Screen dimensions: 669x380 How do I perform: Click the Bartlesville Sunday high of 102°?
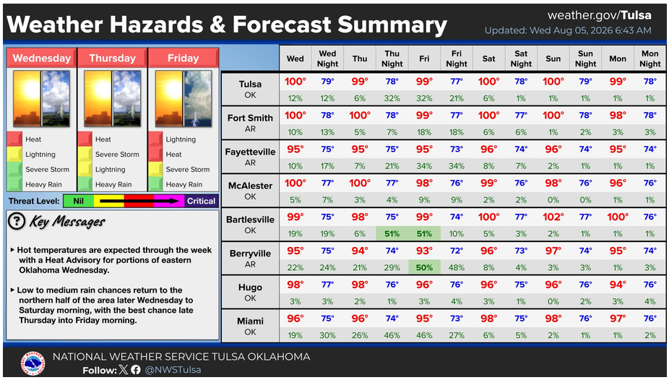553,217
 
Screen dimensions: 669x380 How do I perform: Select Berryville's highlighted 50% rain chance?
424,268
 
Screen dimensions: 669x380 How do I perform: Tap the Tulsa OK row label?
250,89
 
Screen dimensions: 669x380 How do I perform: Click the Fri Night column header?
456,59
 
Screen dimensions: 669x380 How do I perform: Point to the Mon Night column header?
649,59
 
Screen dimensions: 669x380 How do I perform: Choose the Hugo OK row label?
250,293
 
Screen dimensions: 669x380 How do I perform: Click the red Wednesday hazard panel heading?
42,58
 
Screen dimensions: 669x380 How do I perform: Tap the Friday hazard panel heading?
183,58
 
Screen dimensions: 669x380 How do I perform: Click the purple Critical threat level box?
201,201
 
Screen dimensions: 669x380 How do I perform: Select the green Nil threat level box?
79,201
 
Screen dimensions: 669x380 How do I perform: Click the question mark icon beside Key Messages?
17,221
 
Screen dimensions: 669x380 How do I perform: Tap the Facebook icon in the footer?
136,370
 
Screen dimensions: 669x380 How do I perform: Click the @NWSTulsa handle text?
173,370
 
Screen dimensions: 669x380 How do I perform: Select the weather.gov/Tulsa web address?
599,15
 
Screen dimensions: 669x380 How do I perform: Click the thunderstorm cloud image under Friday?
197,99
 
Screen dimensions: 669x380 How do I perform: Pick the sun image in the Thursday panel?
98,99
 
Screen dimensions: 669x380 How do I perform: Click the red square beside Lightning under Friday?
155,139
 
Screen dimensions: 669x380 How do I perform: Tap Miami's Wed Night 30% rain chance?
327,335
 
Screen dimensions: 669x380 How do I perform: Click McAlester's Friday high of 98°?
424,183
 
